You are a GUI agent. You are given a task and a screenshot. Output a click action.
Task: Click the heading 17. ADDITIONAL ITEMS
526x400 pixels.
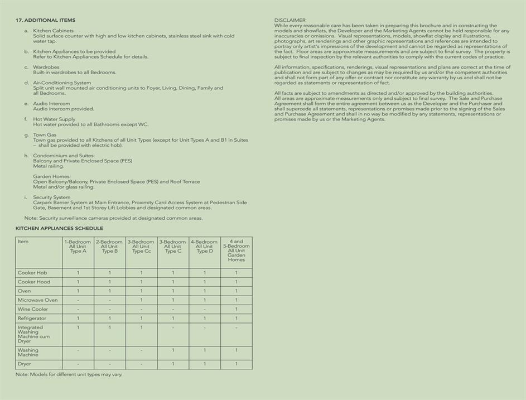(x=45, y=21)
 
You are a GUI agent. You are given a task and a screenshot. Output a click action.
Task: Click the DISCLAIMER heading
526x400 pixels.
(x=289, y=21)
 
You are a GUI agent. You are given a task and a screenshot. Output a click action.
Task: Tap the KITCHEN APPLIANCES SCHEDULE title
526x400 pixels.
(x=59, y=228)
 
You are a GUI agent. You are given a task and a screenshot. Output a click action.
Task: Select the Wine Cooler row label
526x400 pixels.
(x=33, y=309)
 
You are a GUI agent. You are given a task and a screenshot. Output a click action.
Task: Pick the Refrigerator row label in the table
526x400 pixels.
(x=32, y=318)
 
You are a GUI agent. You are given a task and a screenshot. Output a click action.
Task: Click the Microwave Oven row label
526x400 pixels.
(x=37, y=300)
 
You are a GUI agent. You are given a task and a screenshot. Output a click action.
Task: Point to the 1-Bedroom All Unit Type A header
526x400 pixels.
(x=78, y=247)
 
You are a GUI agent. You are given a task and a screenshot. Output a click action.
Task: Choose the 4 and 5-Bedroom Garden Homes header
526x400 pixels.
(x=237, y=250)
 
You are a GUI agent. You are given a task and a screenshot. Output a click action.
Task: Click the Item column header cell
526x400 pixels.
(x=23, y=242)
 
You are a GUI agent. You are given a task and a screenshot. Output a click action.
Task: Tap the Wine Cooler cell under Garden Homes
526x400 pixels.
(x=236, y=309)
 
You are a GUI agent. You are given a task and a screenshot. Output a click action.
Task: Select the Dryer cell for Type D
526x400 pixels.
(x=204, y=364)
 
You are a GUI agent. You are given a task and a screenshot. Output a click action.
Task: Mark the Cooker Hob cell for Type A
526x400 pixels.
(x=78, y=273)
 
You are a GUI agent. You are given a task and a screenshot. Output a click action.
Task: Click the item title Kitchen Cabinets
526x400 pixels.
(x=53, y=31)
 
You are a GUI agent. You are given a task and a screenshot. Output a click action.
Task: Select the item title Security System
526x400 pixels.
(x=52, y=197)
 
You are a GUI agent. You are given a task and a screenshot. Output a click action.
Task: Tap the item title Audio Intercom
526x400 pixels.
(x=52, y=104)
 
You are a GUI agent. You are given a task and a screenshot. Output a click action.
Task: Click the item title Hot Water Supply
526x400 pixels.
(x=54, y=119)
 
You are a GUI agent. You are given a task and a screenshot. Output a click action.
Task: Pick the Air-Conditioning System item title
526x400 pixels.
(x=62, y=83)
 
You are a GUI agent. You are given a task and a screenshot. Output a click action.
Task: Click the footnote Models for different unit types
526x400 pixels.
(x=69, y=374)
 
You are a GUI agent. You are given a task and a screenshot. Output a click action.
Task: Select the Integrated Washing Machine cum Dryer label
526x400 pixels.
(x=33, y=334)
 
